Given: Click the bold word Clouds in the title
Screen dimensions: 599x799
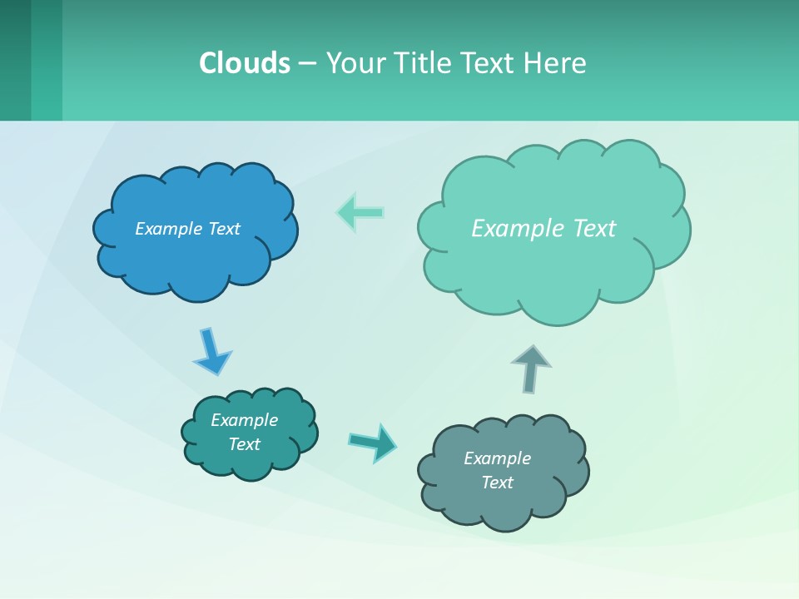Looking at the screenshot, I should pyautogui.click(x=245, y=62).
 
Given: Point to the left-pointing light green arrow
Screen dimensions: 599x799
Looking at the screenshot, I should pyautogui.click(x=360, y=213).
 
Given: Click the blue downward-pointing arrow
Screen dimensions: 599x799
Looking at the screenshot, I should pyautogui.click(x=211, y=352).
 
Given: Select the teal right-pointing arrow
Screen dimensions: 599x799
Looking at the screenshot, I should pyautogui.click(x=373, y=442).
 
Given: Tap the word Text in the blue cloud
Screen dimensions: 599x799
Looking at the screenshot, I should pyautogui.click(x=224, y=229).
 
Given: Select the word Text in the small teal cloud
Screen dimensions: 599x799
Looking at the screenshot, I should pyautogui.click(x=244, y=444).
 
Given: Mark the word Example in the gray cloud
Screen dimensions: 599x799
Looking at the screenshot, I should pyautogui.click(x=497, y=458).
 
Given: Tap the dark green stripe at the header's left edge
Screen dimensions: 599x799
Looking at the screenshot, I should pyautogui.click(x=15, y=60).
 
